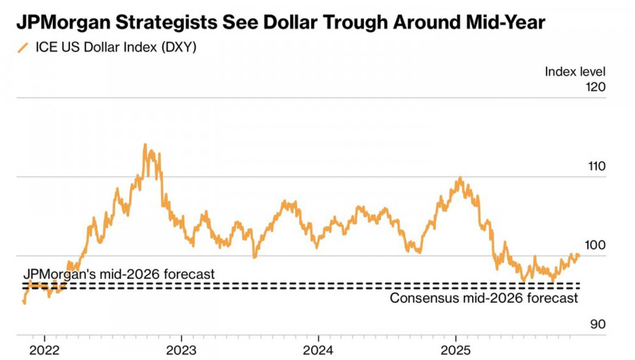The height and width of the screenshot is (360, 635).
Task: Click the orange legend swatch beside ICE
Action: (23, 49)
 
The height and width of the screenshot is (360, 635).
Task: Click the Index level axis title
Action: (575, 71)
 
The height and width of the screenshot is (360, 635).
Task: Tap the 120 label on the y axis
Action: (596, 88)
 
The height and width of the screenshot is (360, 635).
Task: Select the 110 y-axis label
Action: (596, 167)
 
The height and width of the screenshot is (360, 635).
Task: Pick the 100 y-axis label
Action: (596, 246)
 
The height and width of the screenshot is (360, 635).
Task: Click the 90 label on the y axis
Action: (599, 325)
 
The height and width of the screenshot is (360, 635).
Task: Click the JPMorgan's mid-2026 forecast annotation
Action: (119, 273)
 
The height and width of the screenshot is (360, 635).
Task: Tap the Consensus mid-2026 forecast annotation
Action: (484, 298)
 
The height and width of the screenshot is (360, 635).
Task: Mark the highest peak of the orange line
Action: (145, 145)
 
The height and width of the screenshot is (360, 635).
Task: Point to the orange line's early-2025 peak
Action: (460, 178)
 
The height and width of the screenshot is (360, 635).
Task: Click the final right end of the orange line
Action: (579, 255)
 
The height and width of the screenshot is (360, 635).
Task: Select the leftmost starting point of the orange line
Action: (24, 303)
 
